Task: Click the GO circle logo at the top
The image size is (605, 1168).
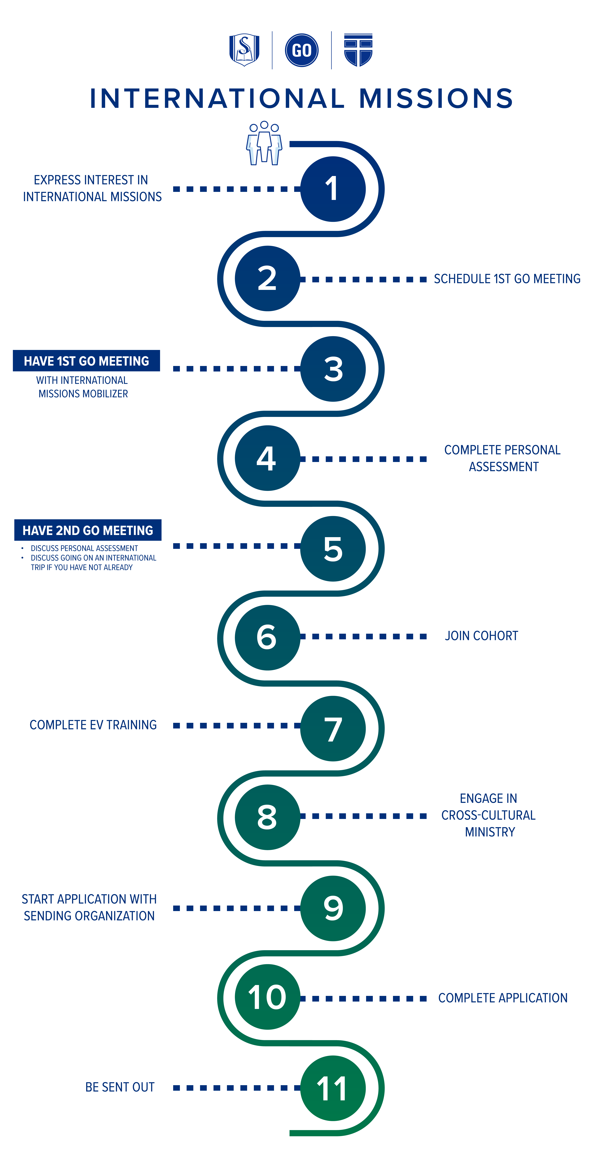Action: pyautogui.click(x=302, y=50)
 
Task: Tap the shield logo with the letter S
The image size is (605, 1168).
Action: pyautogui.click(x=244, y=50)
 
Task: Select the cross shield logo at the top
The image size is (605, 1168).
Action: pyautogui.click(x=358, y=50)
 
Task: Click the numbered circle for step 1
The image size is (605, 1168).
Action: pyautogui.click(x=333, y=189)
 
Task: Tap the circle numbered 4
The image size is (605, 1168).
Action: pyautogui.click(x=268, y=458)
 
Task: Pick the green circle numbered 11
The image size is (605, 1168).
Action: pyautogui.click(x=333, y=1088)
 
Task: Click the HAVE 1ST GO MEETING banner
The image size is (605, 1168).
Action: pyautogui.click(x=86, y=361)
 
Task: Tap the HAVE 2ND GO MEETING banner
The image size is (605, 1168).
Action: pyautogui.click(x=88, y=530)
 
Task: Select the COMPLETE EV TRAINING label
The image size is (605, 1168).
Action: pyautogui.click(x=93, y=725)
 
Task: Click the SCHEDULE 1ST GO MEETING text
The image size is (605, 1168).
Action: pyautogui.click(x=507, y=279)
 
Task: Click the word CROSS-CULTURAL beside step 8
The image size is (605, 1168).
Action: pyautogui.click(x=488, y=815)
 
